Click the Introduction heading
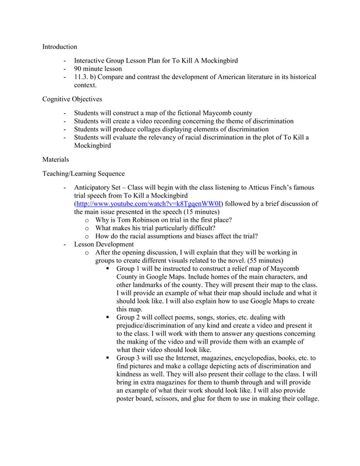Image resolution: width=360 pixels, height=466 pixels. point(59,46)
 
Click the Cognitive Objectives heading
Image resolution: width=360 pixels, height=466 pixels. point(72,99)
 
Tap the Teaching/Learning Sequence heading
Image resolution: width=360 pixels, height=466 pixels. point(84,174)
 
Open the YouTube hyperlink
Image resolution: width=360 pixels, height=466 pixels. point(149,204)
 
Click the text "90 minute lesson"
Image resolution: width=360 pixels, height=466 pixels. point(98,69)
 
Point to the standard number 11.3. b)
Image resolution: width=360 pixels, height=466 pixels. point(89,77)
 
